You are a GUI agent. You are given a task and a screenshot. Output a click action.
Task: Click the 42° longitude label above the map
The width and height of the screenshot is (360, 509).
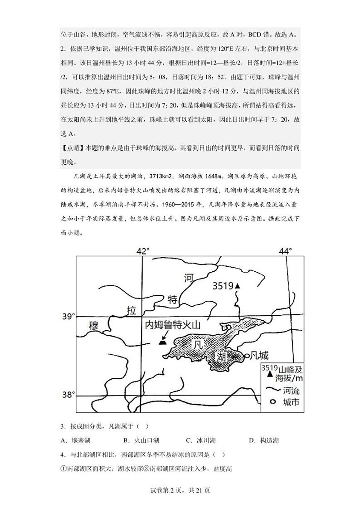[x=143, y=251]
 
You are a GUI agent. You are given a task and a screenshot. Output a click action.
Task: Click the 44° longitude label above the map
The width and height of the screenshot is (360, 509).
[x=286, y=251]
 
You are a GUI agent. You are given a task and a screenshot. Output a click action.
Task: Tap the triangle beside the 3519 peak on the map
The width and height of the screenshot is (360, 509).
[x=237, y=286]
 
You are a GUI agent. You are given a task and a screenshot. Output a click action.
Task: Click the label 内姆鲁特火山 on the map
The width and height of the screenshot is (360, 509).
[x=172, y=325]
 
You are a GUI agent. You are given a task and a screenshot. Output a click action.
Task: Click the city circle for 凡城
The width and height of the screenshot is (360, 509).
[x=247, y=356]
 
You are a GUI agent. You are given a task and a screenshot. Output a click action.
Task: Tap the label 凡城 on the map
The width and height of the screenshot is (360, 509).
[x=260, y=356]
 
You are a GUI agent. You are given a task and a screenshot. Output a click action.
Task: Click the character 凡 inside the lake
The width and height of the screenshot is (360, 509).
[x=196, y=345]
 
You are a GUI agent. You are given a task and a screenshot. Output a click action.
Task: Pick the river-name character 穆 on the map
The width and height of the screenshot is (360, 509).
[x=94, y=325]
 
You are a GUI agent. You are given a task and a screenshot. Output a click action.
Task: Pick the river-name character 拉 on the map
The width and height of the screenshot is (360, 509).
[x=131, y=311]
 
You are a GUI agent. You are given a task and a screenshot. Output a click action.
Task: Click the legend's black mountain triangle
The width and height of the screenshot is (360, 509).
[x=270, y=375]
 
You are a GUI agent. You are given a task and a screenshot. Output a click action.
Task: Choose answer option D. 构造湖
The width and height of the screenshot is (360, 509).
[x=264, y=440]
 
